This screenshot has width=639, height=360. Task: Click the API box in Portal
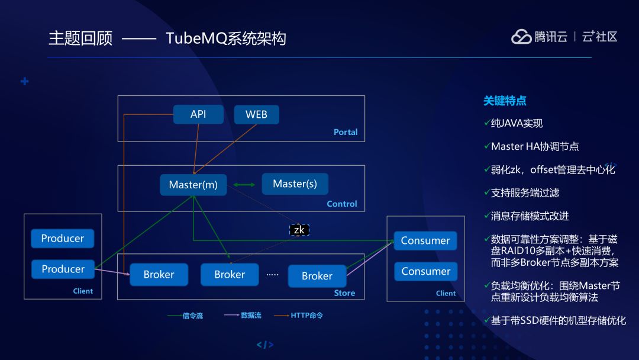click(x=198, y=114)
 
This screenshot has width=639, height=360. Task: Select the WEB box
click(x=256, y=114)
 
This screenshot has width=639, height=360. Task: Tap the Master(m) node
click(x=193, y=185)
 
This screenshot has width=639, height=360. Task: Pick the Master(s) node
click(x=295, y=184)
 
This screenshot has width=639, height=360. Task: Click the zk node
click(x=299, y=230)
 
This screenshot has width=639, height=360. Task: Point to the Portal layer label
click(x=346, y=132)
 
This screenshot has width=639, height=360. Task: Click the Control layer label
click(x=342, y=204)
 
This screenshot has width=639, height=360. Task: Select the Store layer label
click(x=344, y=292)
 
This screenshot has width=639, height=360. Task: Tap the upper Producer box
click(x=63, y=238)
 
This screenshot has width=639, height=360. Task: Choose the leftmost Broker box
click(x=159, y=275)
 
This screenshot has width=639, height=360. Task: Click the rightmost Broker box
click(x=317, y=276)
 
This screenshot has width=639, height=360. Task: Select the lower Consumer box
click(x=426, y=271)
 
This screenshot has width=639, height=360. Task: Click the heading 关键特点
click(x=505, y=101)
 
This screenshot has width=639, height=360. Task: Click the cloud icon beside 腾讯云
click(x=521, y=37)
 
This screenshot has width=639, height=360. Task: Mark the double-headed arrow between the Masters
click(x=244, y=185)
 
